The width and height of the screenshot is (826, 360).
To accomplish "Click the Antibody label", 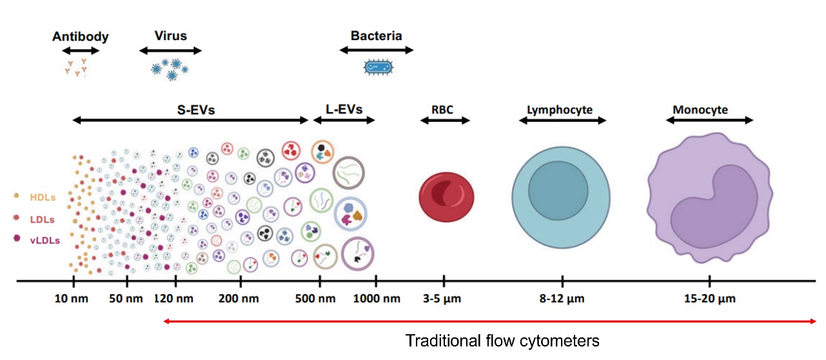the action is (x=81, y=37).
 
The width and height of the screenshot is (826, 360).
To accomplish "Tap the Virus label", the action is (x=171, y=35).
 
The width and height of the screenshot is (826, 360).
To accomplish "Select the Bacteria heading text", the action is (x=376, y=35).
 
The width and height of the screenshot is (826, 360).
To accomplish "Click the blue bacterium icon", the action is (x=379, y=68).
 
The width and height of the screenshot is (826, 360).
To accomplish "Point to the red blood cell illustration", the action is (x=446, y=197).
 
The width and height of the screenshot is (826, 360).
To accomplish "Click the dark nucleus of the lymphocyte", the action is (x=558, y=191).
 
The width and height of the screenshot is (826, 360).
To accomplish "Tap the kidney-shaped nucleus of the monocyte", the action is (x=714, y=208).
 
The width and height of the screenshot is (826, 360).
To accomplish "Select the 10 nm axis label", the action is (x=71, y=299).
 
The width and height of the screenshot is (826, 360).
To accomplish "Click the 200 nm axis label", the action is (x=239, y=299).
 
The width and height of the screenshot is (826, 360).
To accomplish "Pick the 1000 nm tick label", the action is (x=377, y=299).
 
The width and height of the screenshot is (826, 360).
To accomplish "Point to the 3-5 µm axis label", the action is (x=442, y=299).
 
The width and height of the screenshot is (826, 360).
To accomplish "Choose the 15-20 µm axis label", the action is (x=710, y=299).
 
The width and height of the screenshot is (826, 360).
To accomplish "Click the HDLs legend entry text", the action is (x=43, y=197).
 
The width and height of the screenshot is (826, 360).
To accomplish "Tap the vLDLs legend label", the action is (x=45, y=241).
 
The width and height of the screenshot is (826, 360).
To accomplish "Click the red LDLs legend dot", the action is (x=16, y=217).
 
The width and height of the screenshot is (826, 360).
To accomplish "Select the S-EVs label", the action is (x=196, y=110).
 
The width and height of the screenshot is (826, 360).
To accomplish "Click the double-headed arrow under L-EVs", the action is (x=344, y=120).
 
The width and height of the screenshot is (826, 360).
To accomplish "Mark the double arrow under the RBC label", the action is (x=445, y=120).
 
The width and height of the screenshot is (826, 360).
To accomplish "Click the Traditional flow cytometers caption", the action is (x=502, y=341).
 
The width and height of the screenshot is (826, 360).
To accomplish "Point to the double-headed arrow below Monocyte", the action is (x=709, y=120).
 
